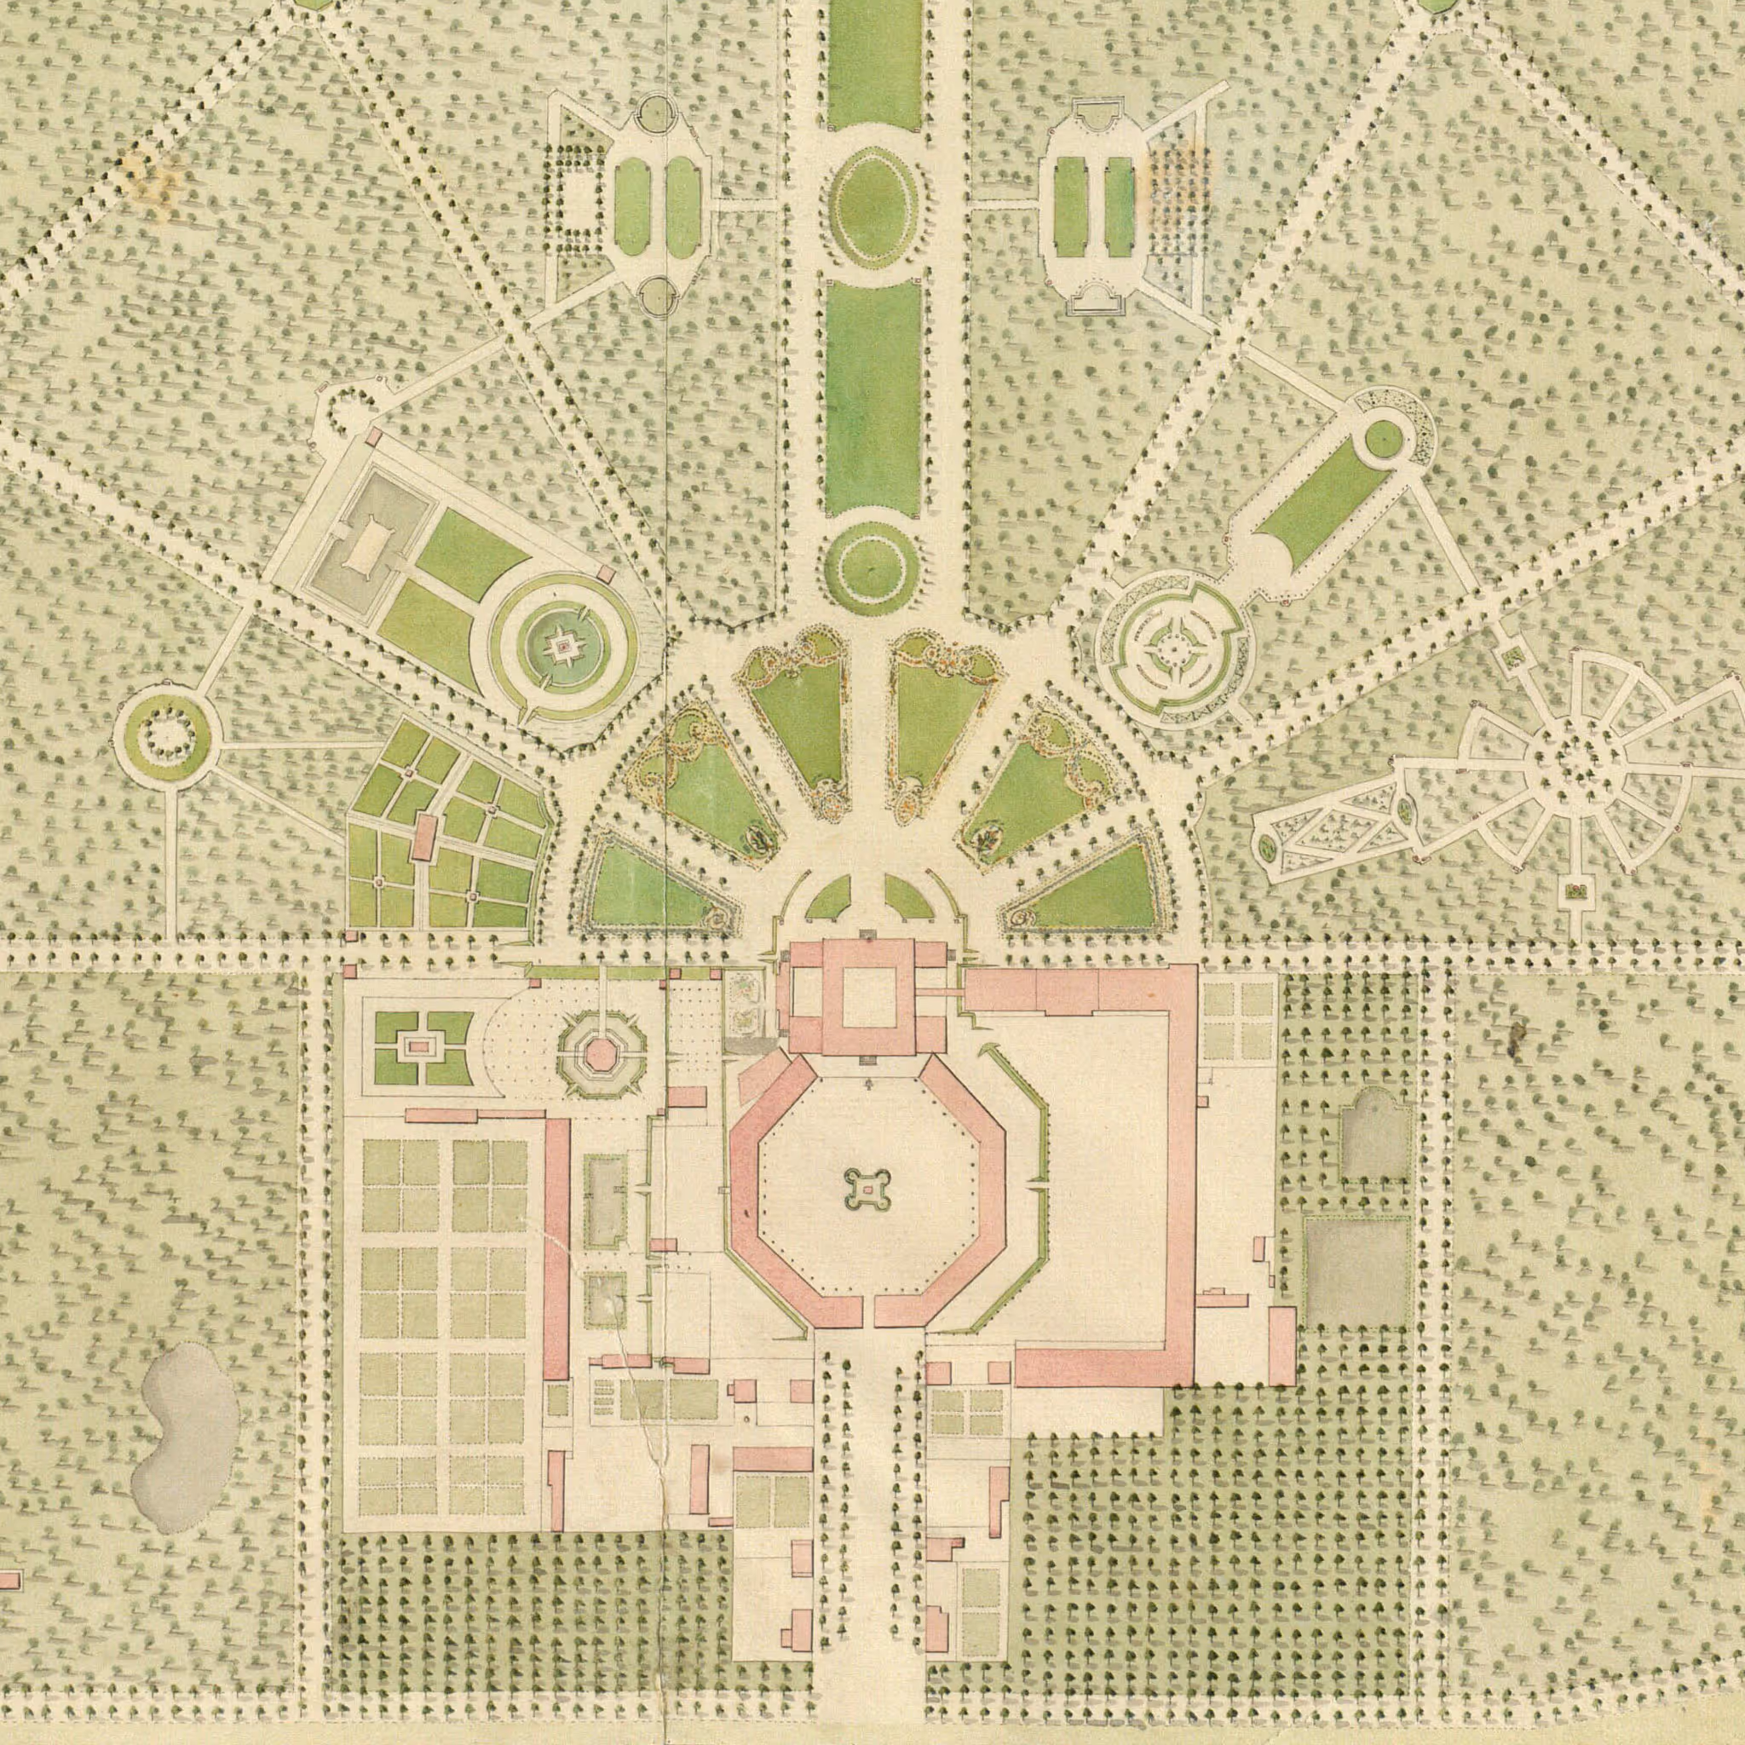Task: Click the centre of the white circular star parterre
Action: pyautogui.click(x=1172, y=645)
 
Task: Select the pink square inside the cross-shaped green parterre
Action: pyautogui.click(x=418, y=1047)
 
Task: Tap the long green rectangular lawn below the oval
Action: pyautogui.click(x=872, y=397)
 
